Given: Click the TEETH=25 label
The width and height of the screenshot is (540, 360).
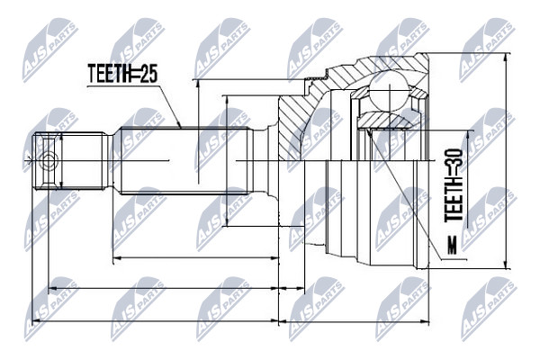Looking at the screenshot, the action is [x=122, y=74].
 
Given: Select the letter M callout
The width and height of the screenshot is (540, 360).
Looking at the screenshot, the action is [x=453, y=245].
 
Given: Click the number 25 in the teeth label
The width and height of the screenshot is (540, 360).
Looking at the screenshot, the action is [x=149, y=74].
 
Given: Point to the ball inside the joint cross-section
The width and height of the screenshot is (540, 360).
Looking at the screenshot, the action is [x=390, y=91].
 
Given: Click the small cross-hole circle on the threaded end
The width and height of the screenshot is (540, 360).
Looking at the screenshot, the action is [x=48, y=161].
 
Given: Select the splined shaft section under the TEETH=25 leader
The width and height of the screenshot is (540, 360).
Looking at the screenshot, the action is [x=184, y=161].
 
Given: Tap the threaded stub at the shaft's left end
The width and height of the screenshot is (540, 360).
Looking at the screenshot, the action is [x=69, y=161].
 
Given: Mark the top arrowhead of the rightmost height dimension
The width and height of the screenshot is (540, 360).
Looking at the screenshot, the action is [x=506, y=58].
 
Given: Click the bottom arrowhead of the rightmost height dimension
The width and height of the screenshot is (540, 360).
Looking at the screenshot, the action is [x=506, y=265].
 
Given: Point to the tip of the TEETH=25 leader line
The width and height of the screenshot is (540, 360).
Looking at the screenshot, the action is [x=181, y=127].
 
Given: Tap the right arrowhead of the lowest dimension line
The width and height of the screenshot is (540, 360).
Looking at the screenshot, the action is [x=426, y=321].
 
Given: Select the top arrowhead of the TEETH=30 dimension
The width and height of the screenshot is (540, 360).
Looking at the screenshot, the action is [x=467, y=135].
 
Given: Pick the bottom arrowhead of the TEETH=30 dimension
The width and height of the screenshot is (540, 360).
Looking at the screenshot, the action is [x=467, y=224].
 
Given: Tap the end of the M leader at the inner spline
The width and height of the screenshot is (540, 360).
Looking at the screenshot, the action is [x=367, y=130].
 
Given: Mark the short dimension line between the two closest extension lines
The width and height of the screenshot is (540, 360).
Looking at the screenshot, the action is [x=292, y=288].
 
